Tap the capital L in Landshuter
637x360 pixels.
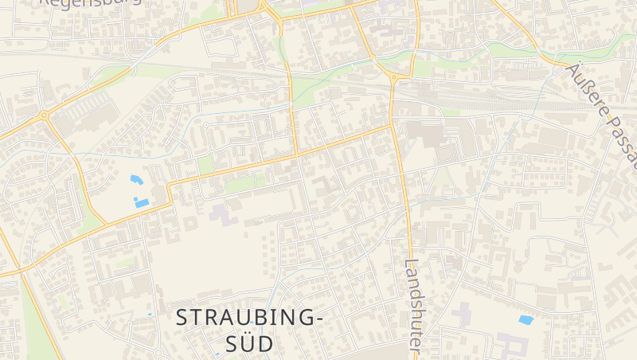tap(411, 264)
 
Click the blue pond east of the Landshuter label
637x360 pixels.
tap(526, 319)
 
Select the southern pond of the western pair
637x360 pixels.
tap(142, 202)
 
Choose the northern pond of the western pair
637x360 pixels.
tap(136, 180)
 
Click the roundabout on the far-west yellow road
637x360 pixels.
tap(45, 115)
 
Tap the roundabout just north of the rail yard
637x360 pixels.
tap(393, 77)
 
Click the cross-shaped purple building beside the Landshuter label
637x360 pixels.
tap(461, 313)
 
